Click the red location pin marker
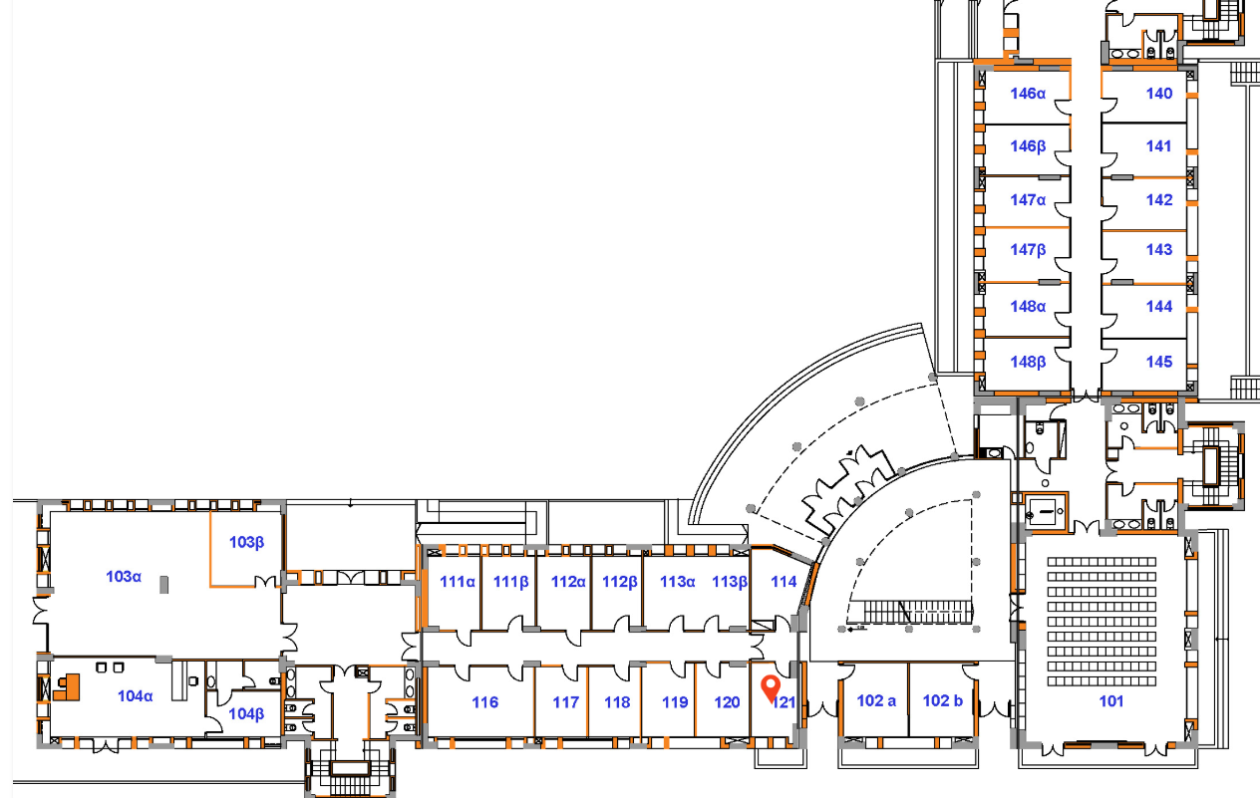tap(771, 688)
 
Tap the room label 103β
tap(246, 542)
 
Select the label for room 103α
tap(124, 577)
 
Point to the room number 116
tap(484, 701)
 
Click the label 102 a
tap(876, 700)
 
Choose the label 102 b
tap(943, 700)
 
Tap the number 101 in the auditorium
tap(1111, 701)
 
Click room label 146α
tap(1028, 94)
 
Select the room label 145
tap(1159, 362)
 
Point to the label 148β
tap(1028, 363)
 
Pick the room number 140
tap(1159, 94)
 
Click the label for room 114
tap(784, 582)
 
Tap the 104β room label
tap(246, 714)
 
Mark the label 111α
tap(458, 582)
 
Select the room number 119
tap(675, 701)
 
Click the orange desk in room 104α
tap(68, 687)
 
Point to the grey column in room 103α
tap(163, 584)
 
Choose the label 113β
tap(730, 582)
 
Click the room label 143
tap(1159, 249)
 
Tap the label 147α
tap(1028, 199)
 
